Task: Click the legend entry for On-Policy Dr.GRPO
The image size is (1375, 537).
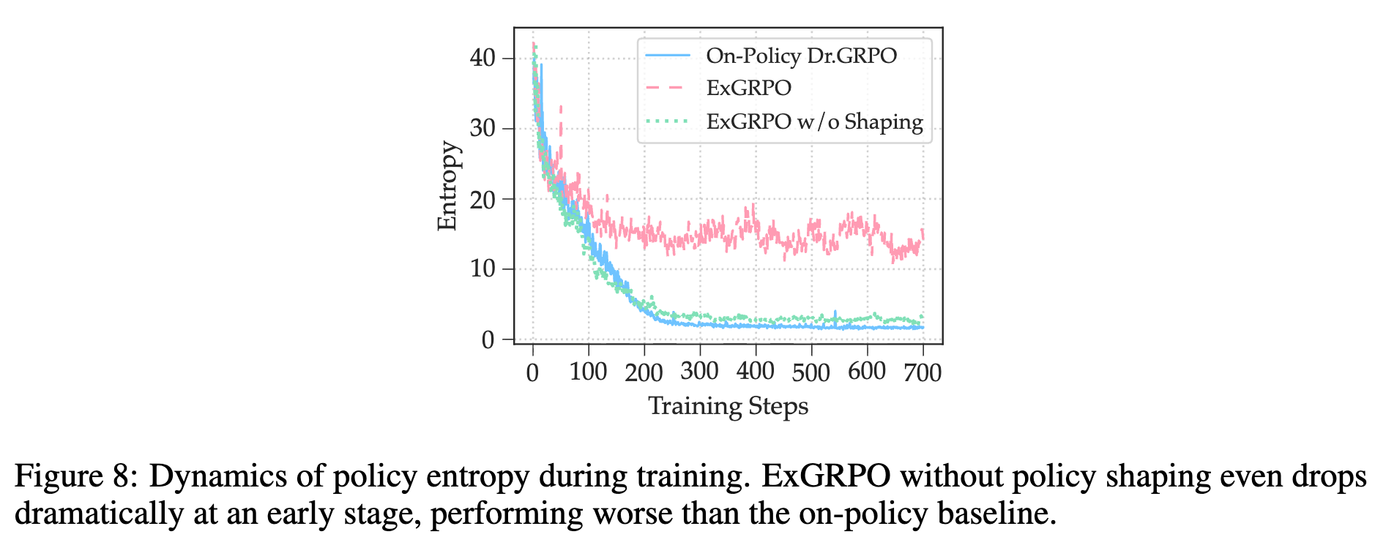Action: tap(801, 56)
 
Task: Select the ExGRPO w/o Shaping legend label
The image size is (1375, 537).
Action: tap(814, 121)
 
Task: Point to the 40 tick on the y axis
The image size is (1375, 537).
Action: tap(482, 58)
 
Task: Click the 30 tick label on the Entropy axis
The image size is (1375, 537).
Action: tap(482, 128)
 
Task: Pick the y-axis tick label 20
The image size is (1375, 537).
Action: tap(482, 198)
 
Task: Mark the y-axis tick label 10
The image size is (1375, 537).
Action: tap(482, 268)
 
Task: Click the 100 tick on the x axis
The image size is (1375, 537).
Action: tap(589, 372)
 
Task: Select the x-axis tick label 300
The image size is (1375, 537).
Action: tap(700, 372)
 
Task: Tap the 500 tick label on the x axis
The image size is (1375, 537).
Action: tap(811, 372)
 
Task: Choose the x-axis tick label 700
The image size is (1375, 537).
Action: tap(923, 372)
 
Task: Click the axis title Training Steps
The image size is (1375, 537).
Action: tap(729, 406)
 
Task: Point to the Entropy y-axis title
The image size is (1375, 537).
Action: tap(447, 186)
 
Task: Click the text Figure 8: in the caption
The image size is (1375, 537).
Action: tap(75, 477)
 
